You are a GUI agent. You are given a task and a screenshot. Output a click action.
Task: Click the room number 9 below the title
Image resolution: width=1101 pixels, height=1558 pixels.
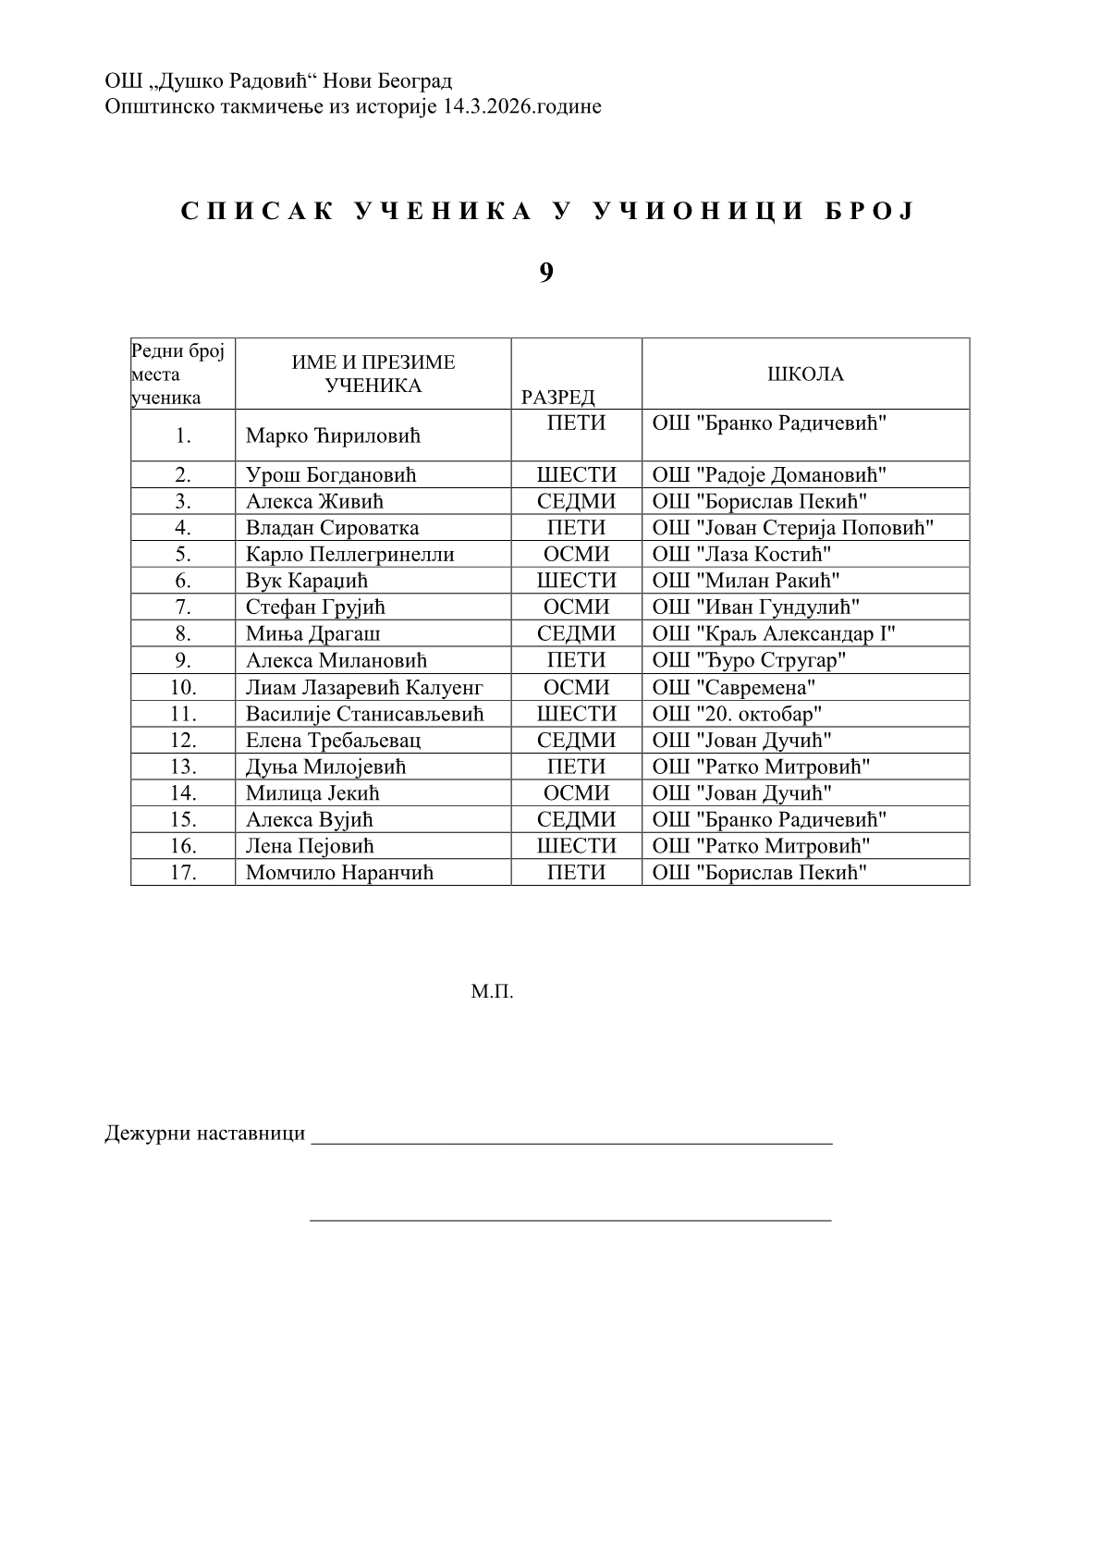(x=546, y=272)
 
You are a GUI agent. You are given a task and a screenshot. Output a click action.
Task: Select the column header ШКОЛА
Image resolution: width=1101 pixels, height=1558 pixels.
(x=805, y=374)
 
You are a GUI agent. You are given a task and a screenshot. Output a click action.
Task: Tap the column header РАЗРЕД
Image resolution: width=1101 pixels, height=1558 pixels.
(x=557, y=398)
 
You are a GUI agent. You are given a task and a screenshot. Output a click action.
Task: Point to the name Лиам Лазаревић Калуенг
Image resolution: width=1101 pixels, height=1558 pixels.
(x=364, y=687)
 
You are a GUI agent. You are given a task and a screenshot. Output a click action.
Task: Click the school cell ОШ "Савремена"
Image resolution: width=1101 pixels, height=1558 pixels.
(x=734, y=687)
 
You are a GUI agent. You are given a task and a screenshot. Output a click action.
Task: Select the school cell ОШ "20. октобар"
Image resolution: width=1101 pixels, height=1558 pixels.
(x=738, y=714)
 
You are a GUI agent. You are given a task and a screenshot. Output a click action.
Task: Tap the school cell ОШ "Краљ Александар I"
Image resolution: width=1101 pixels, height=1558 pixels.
(x=774, y=633)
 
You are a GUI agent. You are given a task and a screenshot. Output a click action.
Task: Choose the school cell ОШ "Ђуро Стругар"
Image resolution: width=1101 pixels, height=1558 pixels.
(x=750, y=660)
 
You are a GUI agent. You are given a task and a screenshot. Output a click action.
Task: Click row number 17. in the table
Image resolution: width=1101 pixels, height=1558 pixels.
(x=183, y=872)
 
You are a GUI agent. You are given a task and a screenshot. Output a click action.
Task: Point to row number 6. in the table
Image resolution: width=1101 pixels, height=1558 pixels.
(x=183, y=581)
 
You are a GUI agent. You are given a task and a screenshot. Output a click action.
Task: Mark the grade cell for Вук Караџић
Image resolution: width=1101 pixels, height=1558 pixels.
(x=576, y=581)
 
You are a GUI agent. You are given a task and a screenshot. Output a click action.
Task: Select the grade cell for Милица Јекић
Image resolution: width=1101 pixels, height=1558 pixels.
(x=576, y=792)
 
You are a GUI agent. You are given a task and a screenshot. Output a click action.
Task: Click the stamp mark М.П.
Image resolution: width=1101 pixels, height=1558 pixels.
(x=492, y=993)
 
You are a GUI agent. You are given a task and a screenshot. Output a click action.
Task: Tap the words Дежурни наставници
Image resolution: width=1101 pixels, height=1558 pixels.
(x=205, y=1134)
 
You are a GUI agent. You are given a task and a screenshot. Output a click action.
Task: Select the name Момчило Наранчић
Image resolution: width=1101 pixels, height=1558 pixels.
(x=339, y=872)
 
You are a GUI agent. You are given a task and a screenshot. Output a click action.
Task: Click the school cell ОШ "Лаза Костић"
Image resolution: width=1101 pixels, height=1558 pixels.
(x=741, y=554)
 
